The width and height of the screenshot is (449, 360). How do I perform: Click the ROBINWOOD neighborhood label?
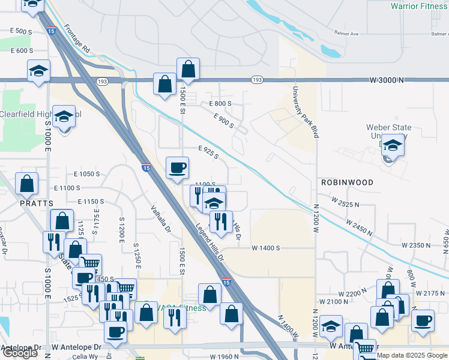tap(347, 182)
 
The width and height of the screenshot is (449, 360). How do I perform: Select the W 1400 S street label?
tap(267, 248)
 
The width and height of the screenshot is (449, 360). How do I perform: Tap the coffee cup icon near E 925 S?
tap(177, 167)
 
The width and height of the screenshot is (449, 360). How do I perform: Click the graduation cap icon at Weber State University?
tap(393, 145)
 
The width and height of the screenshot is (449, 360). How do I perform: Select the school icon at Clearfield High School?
tap(63, 116)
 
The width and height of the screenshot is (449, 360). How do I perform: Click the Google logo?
tap(20, 353)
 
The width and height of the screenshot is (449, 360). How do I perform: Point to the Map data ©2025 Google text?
tap(412, 355)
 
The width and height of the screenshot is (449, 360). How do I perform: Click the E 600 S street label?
tap(22, 51)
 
